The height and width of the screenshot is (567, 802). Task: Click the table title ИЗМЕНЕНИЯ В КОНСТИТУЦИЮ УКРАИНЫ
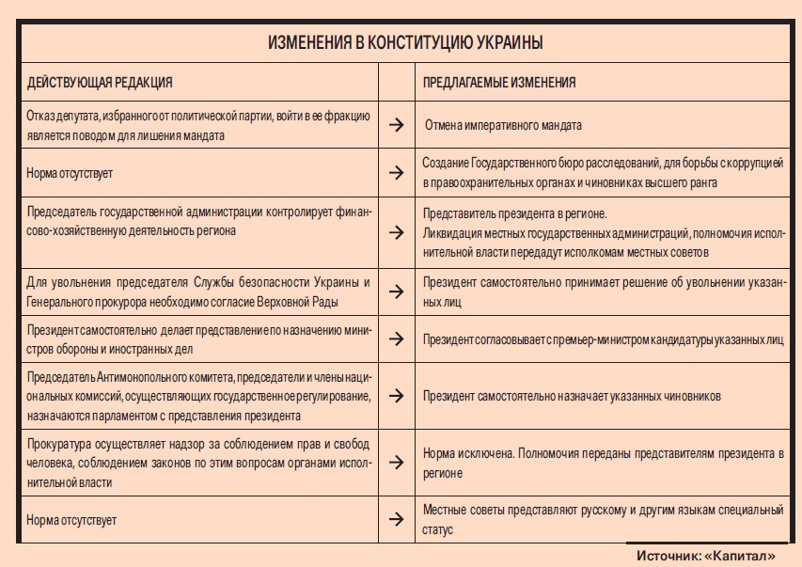click(404, 44)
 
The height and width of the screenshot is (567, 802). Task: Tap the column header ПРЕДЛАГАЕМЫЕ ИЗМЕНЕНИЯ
click(498, 84)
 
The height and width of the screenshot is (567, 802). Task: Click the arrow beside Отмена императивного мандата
click(397, 124)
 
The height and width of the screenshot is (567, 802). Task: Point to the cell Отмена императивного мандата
click(503, 124)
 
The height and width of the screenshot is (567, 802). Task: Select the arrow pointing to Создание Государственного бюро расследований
click(397, 173)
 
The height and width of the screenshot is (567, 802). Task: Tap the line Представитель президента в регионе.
click(514, 213)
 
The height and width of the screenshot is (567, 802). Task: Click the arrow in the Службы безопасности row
click(397, 292)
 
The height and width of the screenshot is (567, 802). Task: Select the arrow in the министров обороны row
click(397, 339)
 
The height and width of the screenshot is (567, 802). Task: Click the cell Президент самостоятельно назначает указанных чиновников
click(572, 397)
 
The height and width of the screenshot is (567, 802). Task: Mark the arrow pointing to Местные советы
click(397, 519)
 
